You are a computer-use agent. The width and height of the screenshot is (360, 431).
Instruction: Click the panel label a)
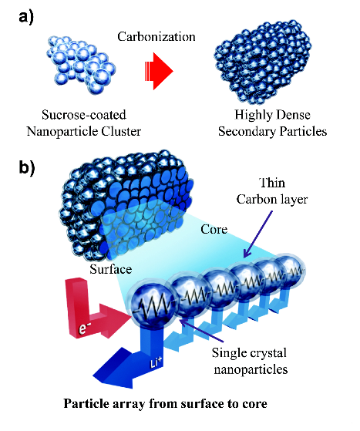coord(26,19)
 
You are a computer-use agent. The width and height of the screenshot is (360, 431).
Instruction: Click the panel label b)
coord(27,167)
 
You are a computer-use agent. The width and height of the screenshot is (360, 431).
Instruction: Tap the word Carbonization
coord(156,37)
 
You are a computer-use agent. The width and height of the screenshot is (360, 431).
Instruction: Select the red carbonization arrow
coord(159,71)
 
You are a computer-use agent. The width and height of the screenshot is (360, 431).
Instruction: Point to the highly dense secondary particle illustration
coord(263,62)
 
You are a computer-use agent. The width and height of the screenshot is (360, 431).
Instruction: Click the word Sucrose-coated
coord(84,115)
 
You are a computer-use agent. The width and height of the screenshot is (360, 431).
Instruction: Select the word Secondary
coord(246,131)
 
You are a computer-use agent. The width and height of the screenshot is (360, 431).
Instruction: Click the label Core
coord(214,229)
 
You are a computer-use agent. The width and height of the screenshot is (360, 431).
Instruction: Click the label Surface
coord(110,269)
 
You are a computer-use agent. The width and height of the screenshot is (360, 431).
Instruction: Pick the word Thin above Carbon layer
coord(272,183)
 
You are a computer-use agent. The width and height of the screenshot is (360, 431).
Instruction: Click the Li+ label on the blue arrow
coord(156,363)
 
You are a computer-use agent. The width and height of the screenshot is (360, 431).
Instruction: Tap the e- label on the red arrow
coord(83,328)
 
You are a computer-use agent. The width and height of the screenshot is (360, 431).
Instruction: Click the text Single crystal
coord(249,352)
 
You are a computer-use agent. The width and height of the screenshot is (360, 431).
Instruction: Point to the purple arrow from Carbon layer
coord(258,234)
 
